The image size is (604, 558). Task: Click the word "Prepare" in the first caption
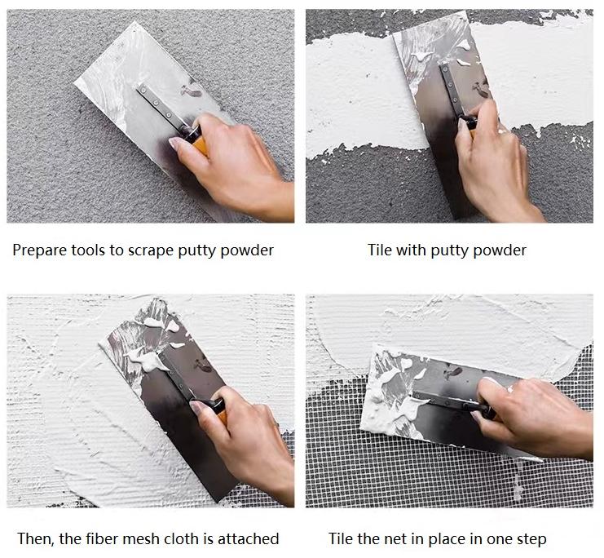(x=39, y=250)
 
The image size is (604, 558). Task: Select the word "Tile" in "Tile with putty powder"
(x=380, y=250)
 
